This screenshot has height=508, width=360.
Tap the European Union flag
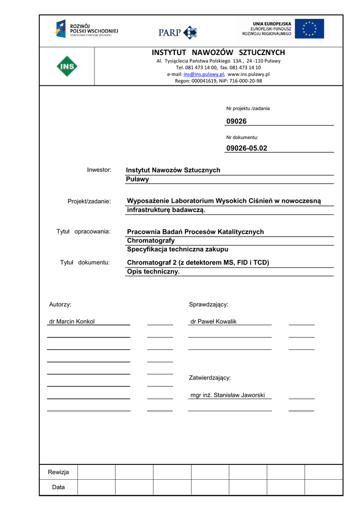(x=309, y=29)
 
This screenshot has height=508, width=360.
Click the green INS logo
(x=66, y=66)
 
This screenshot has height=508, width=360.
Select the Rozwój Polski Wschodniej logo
(x=86, y=29)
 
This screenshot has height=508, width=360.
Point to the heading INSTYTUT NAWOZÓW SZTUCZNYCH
(x=218, y=53)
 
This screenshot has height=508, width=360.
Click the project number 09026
(x=236, y=121)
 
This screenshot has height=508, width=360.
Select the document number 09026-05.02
(x=246, y=148)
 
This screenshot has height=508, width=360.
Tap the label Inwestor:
(x=99, y=170)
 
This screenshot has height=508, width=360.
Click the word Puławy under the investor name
(x=137, y=179)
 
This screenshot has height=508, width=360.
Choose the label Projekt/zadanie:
(x=89, y=201)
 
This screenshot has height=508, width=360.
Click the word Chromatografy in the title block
(x=151, y=241)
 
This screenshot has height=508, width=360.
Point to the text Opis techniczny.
(x=153, y=271)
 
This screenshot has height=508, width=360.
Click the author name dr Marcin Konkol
(x=72, y=321)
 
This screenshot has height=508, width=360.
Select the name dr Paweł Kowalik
(x=214, y=321)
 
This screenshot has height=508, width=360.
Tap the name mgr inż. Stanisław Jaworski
(x=227, y=395)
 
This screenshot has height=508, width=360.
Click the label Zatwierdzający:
(x=210, y=378)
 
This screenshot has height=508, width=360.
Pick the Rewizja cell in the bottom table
(x=59, y=472)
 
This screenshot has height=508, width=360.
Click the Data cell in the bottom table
(x=59, y=487)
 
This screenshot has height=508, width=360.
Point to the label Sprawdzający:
(x=208, y=304)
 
